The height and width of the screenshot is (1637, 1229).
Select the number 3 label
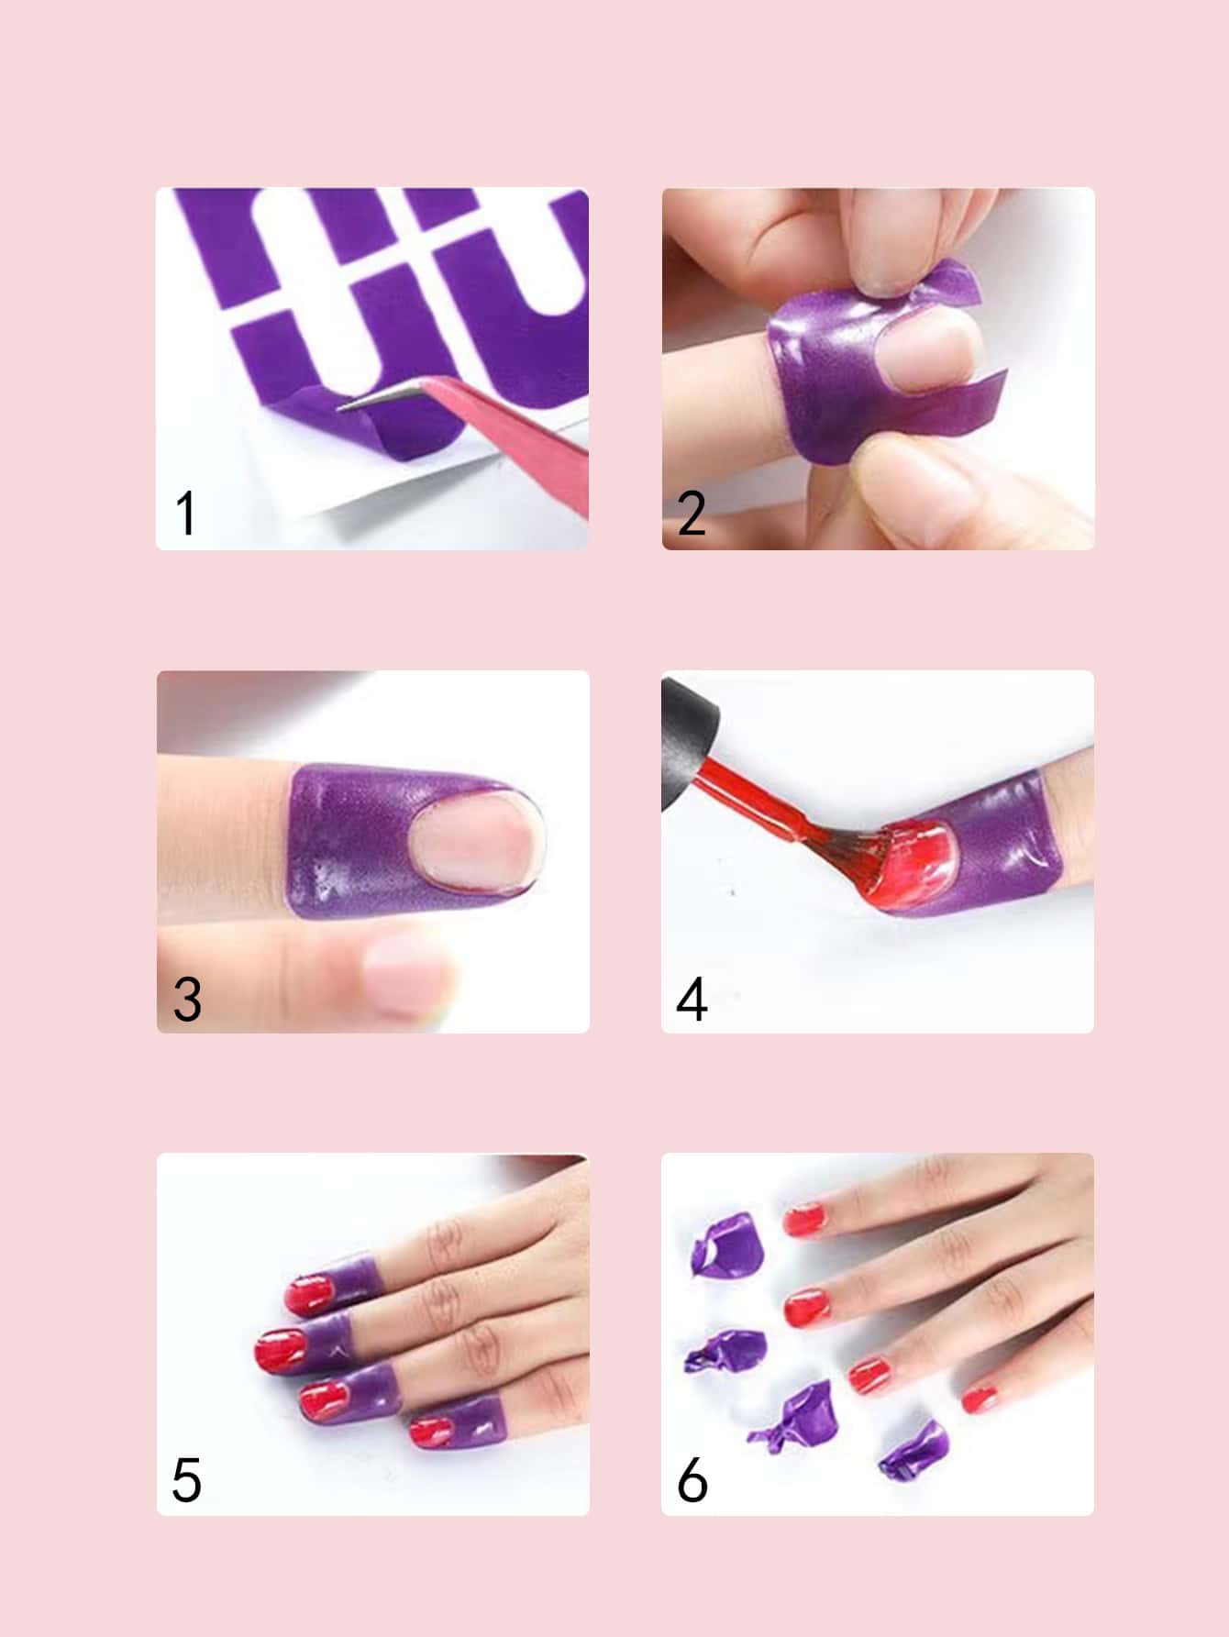(x=187, y=999)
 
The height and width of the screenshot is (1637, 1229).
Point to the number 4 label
(x=692, y=999)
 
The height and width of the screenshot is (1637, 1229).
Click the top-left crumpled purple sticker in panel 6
(x=725, y=1243)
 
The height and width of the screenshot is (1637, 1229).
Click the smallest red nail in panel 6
(x=980, y=1399)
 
